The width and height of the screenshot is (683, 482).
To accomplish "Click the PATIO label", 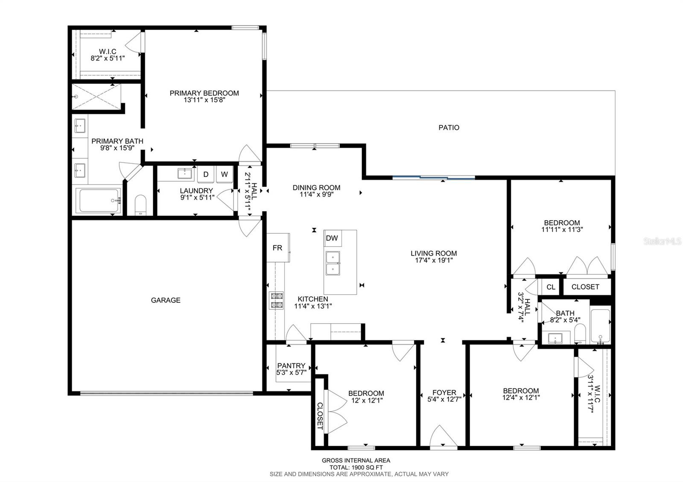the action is pos(449,128).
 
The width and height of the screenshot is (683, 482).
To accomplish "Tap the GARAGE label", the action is pos(166,300).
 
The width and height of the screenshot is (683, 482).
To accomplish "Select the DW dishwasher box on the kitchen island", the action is pos(333,238).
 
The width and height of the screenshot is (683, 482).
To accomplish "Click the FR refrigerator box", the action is pos(278,248).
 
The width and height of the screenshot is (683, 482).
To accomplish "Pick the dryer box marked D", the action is pos(206,174).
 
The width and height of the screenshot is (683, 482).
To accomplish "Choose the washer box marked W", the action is pos(225,174).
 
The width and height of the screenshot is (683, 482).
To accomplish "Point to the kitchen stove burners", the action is pos(276,300).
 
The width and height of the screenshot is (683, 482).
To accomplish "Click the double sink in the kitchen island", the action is pos(333,263).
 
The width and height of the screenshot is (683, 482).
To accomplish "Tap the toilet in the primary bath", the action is pos(140,205).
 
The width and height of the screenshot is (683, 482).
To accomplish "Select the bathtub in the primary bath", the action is pos(99,200).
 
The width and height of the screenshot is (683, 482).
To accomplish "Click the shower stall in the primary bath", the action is pos(96,96).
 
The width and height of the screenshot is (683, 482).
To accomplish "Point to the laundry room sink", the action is pos(185,174).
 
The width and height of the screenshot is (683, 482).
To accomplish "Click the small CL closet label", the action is pos(551,287).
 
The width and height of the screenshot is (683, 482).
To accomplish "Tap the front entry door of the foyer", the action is pos(444,438).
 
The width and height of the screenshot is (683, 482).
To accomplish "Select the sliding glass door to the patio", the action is pos(434,177).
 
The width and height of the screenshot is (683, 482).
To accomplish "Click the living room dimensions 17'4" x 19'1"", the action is pos(434,260).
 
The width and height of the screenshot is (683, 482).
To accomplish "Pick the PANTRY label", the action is pos(291,366).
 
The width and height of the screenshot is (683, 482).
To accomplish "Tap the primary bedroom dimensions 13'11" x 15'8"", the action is pos(204,100).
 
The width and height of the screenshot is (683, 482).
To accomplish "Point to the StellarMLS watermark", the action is pos(662,241).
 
